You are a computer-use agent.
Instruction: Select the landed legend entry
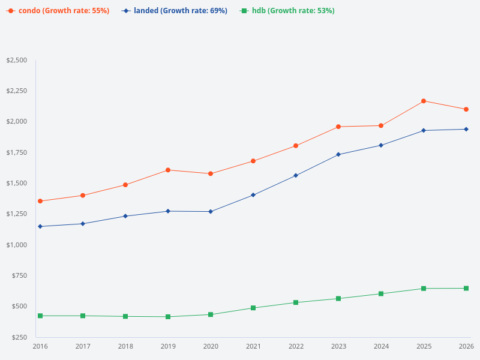coord(175,11)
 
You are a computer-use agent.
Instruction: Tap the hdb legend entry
coord(287,11)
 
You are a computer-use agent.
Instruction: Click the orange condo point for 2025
coord(424,101)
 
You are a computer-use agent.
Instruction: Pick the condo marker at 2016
coord(40,201)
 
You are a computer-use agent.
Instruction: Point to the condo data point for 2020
coord(211,173)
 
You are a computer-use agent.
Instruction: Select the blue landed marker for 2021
coord(253,195)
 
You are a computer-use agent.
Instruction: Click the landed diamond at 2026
coord(466,129)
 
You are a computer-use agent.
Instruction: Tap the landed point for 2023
coord(338,154)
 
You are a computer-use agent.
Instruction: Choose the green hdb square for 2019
coord(168,317)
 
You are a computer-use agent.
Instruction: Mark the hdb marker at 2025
coord(424,289)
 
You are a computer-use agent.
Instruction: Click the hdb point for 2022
coord(296,302)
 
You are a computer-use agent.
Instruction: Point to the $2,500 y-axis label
coord(16,60)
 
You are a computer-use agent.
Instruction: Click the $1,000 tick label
coord(16,245)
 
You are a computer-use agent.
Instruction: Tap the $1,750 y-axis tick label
coord(16,152)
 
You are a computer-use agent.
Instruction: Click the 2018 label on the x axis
coord(125,347)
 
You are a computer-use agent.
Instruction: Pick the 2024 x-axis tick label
coord(381,347)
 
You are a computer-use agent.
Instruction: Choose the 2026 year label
coord(466,347)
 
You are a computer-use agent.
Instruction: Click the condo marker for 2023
coord(338,127)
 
